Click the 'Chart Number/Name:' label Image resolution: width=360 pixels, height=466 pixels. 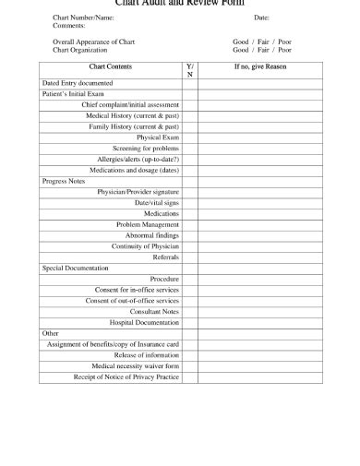[84, 18]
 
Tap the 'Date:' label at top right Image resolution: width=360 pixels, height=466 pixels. [261, 18]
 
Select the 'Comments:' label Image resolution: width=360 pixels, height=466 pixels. [68, 26]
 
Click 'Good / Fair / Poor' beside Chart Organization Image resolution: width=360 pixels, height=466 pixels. [262, 50]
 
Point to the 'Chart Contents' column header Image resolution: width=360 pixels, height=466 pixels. [110, 67]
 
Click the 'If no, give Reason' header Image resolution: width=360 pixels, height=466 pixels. [260, 67]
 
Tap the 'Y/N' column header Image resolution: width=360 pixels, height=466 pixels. [189, 71]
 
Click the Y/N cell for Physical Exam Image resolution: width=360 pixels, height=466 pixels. [189, 137]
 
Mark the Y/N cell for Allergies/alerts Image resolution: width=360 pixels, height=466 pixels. [189, 159]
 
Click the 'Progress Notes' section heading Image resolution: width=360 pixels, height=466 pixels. [64, 181]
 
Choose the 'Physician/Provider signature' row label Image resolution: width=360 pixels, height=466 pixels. [138, 192]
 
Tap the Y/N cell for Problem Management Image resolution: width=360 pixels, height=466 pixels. [189, 224]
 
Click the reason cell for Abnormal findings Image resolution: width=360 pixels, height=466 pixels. [260, 235]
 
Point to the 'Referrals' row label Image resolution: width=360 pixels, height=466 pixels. [165, 257]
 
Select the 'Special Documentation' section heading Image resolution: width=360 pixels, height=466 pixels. [76, 268]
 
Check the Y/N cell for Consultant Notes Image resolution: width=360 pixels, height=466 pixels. [189, 312]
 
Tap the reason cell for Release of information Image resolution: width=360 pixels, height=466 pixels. [260, 355]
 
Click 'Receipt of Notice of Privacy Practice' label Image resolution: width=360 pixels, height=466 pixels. [126, 376]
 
